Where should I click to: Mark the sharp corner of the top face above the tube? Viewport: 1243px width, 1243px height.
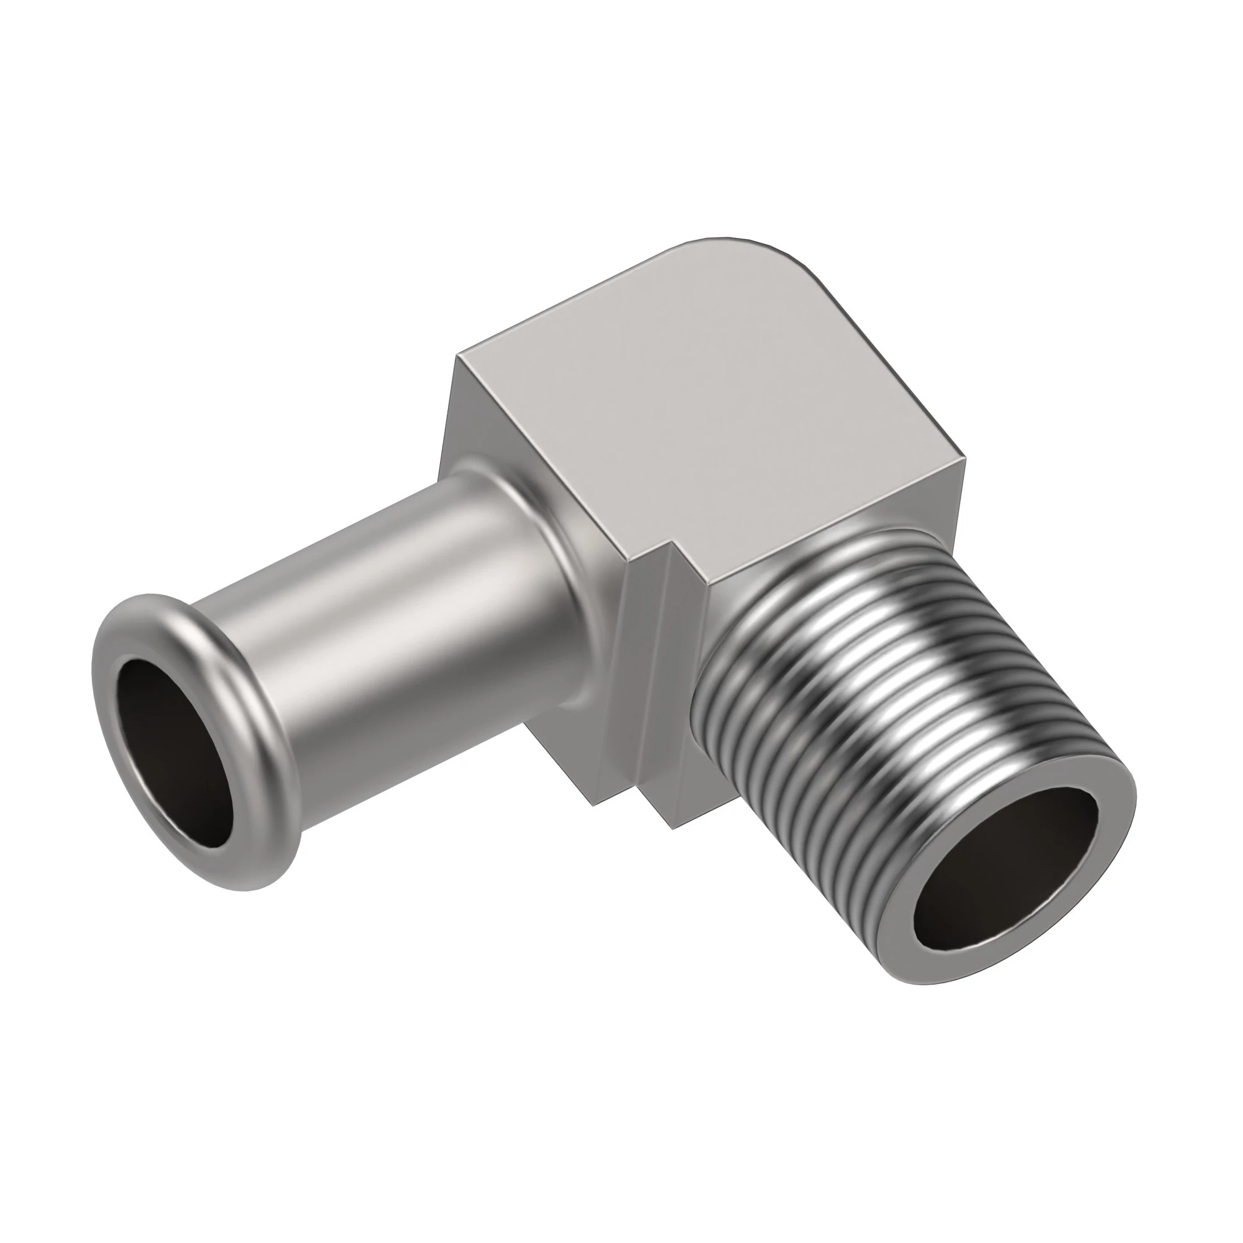point(458,355)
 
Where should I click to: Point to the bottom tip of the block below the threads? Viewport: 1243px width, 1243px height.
point(672,827)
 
